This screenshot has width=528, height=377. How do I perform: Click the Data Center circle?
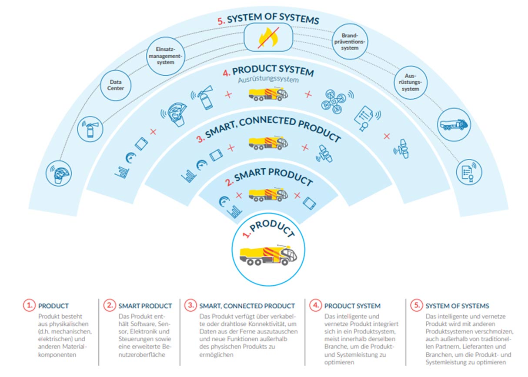(116, 85)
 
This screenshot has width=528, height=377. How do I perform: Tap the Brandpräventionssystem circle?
(350, 42)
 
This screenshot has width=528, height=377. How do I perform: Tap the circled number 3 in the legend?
(190, 305)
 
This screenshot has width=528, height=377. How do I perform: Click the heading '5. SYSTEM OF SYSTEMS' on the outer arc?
(268, 19)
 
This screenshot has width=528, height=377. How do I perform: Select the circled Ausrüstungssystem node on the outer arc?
(410, 83)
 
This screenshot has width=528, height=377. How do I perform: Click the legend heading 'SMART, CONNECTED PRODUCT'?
(247, 306)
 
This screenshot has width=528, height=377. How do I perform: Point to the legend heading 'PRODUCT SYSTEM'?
(352, 306)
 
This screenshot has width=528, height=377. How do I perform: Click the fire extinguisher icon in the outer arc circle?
(90, 129)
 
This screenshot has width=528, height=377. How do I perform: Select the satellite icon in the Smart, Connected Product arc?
(324, 153)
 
